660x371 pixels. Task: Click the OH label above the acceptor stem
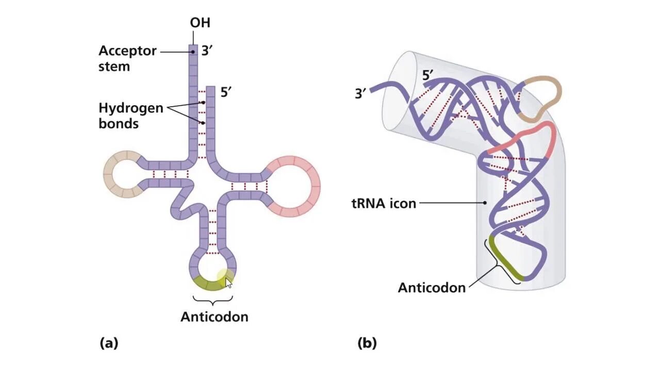click(200, 23)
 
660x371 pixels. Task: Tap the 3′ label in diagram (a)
click(207, 52)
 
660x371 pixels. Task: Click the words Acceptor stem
click(127, 59)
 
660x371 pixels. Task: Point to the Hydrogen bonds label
click(131, 116)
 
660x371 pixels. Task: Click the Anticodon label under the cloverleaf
click(214, 316)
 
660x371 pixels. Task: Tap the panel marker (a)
click(109, 343)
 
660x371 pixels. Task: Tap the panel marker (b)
click(367, 343)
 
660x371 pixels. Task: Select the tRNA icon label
click(383, 203)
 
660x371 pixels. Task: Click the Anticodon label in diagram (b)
click(432, 287)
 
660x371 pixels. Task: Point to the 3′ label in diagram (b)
click(361, 94)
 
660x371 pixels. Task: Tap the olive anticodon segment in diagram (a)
click(209, 284)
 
